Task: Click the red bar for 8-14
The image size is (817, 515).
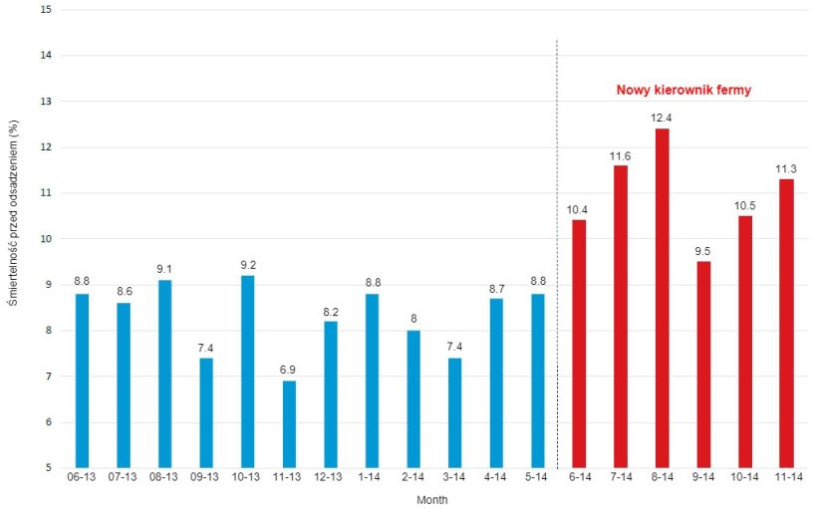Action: coord(662,298)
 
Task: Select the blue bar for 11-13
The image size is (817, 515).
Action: coord(289,423)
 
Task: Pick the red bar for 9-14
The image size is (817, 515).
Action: coord(703,364)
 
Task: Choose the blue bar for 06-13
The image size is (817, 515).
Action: coord(82,380)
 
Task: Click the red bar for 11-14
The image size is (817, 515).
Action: coord(786,323)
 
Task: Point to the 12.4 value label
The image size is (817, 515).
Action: coord(662,118)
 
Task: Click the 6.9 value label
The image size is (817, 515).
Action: coord(289,370)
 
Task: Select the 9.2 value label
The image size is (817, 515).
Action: coord(247,264)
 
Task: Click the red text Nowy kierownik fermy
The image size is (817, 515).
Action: coord(683,90)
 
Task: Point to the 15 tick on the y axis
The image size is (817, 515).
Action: coord(46,9)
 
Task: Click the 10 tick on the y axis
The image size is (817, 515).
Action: coord(46,239)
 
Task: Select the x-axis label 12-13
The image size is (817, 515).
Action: coord(330,478)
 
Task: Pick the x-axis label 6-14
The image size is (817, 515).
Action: coord(579,478)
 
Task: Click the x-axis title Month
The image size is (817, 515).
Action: coord(432,500)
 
